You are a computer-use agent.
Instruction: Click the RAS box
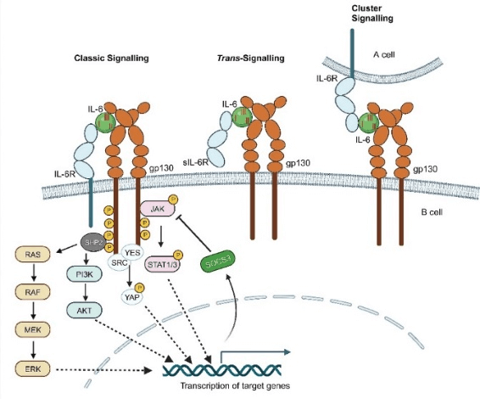pyautogui.click(x=33, y=253)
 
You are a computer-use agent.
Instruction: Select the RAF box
pyautogui.click(x=33, y=290)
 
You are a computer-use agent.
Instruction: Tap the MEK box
pyautogui.click(x=33, y=329)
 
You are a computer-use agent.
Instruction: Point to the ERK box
pyautogui.click(x=33, y=368)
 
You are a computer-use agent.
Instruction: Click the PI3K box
pyautogui.click(x=82, y=273)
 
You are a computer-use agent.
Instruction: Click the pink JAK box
pyautogui.click(x=157, y=207)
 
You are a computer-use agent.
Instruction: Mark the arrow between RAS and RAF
pyautogui.click(x=33, y=272)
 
